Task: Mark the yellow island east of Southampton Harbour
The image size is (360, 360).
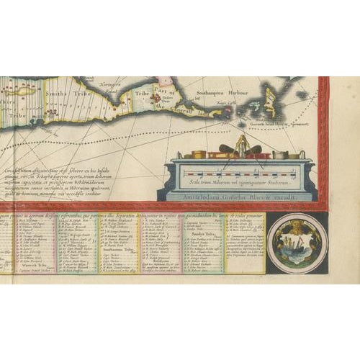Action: [x=271, y=101]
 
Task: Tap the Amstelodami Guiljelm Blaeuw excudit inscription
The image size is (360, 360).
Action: [x=239, y=196]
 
